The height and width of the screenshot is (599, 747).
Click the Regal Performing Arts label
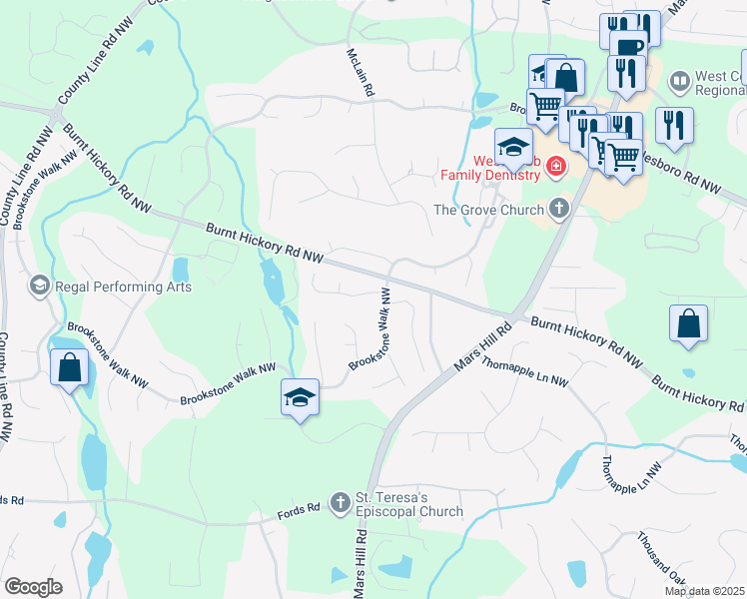123,287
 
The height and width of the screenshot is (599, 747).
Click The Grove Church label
489,209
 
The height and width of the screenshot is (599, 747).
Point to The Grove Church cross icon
558,209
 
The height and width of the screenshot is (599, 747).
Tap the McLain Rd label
360,74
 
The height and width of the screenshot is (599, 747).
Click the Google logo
32,587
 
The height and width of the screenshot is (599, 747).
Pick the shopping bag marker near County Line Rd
69,367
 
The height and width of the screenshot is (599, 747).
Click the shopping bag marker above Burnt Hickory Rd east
688,324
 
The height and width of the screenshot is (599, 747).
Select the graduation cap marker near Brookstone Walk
300,397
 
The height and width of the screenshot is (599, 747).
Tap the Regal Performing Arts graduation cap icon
40,287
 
